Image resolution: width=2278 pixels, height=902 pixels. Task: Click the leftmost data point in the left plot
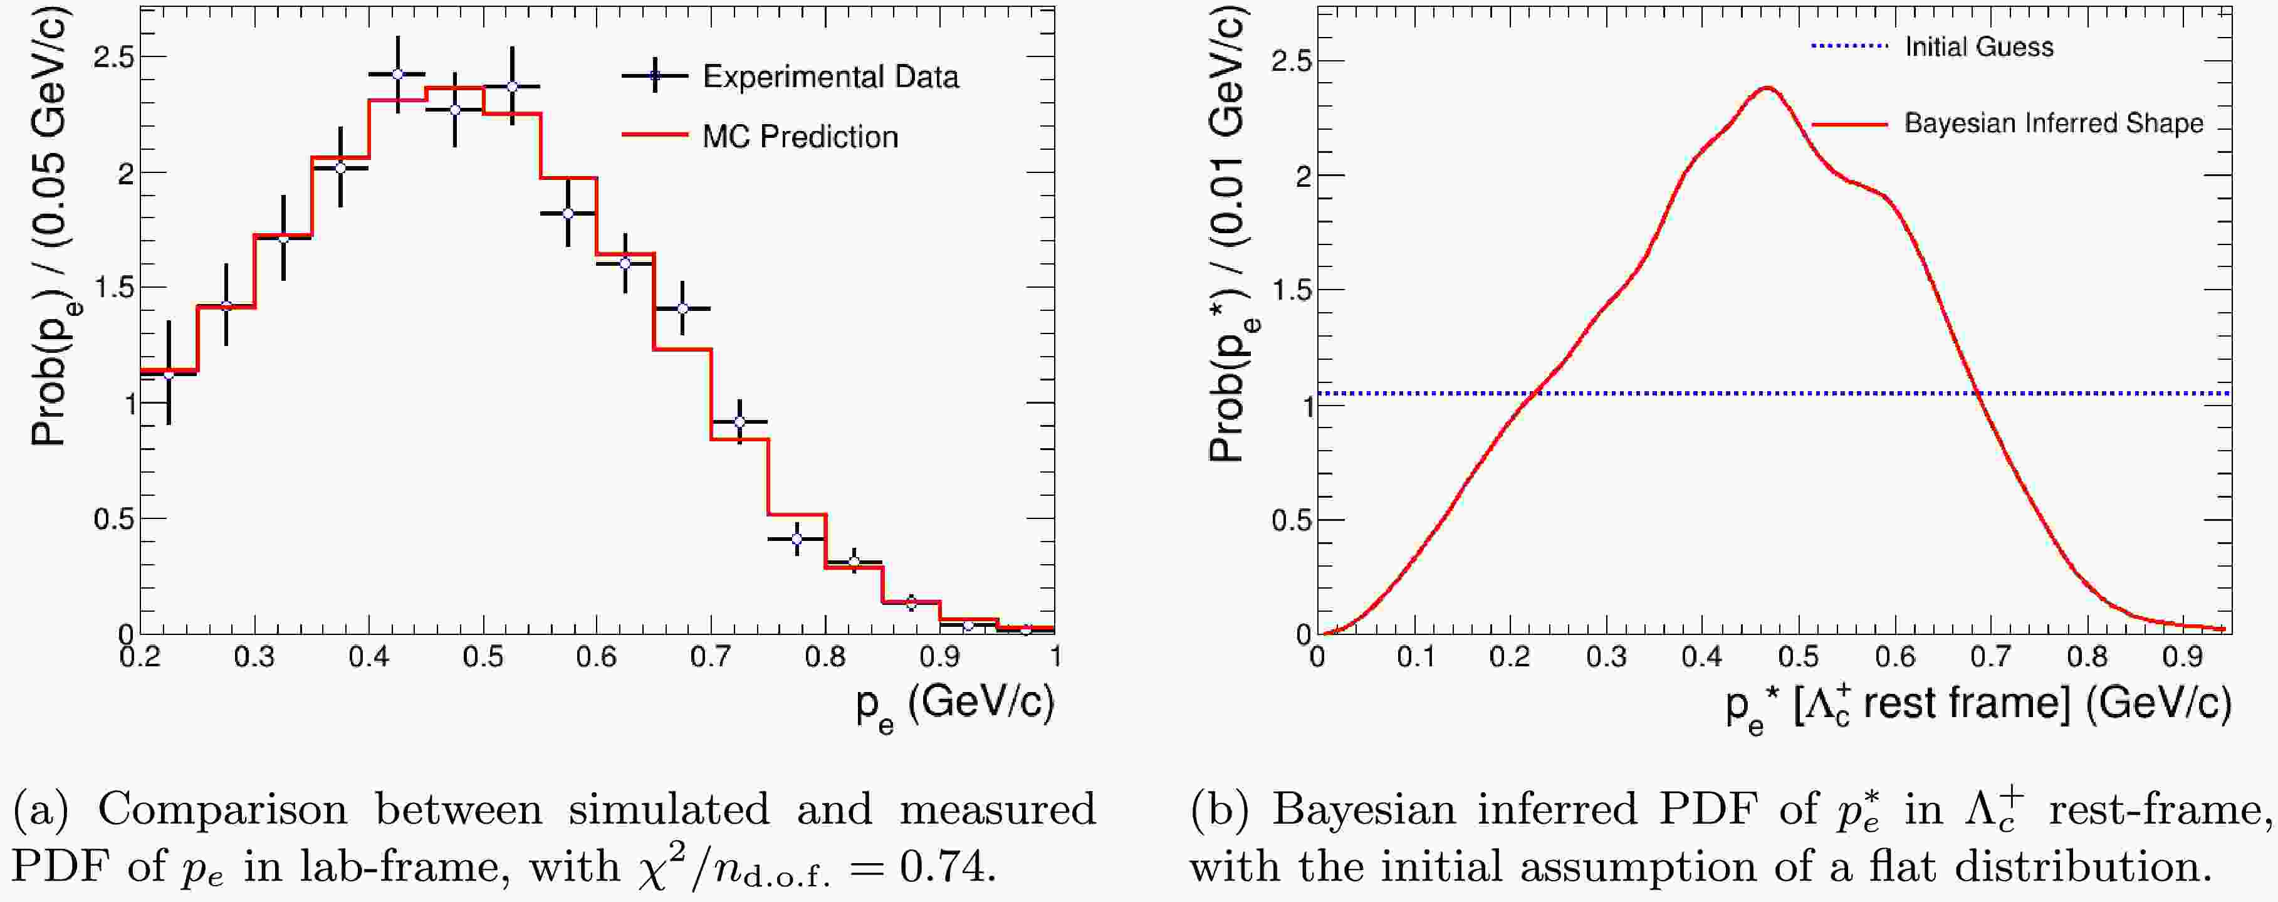[x=169, y=374]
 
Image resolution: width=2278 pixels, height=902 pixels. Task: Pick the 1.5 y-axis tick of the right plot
[x=1290, y=290]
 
